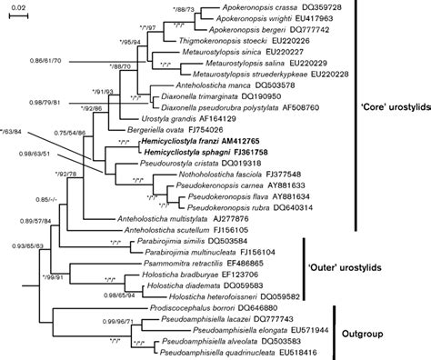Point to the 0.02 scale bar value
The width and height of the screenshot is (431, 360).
[x=19, y=8]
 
